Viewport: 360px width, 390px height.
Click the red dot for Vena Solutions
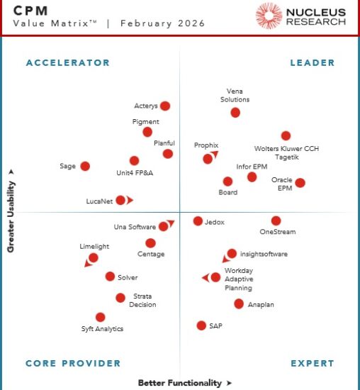click(235, 112)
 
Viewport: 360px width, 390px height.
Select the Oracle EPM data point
click(300, 182)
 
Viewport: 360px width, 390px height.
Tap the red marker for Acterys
click(165, 106)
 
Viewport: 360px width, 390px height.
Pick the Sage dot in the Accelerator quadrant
click(85, 166)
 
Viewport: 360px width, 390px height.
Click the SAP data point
click(202, 325)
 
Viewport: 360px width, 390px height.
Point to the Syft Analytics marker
click(100, 317)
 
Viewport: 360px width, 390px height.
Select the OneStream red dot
click(276, 221)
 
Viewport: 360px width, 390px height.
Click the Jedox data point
click(198, 221)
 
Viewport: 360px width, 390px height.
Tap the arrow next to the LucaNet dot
click(130, 200)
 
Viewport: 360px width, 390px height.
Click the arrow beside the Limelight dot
click(88, 264)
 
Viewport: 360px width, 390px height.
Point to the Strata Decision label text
click(142, 301)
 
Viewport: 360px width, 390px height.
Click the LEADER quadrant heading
click(312, 63)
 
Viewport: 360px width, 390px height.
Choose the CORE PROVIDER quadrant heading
click(73, 364)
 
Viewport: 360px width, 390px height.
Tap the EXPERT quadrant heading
click(312, 364)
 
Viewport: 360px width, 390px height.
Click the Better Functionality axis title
click(180, 383)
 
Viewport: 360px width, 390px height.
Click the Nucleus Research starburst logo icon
click(269, 16)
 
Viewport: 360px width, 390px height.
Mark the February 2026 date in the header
click(162, 23)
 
